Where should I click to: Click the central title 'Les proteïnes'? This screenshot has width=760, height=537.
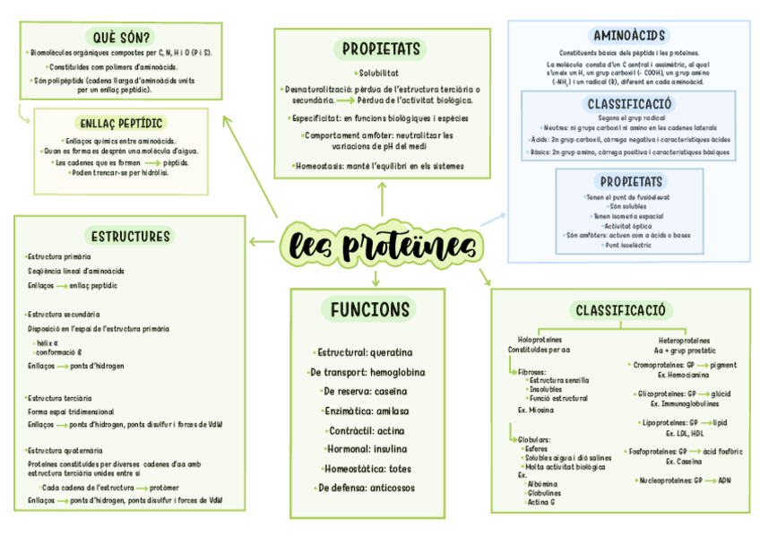tap(380, 244)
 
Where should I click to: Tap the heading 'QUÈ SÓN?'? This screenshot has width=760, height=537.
tap(122, 37)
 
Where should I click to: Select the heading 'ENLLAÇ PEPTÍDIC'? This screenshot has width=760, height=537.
tap(121, 123)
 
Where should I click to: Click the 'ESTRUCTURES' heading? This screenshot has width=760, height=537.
tap(131, 237)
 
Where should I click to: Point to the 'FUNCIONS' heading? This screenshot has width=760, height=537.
tap(369, 309)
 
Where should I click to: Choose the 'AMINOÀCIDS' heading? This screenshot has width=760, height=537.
tap(629, 36)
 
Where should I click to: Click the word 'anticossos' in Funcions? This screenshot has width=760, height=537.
tap(393, 488)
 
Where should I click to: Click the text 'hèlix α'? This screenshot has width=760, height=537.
tap(46, 342)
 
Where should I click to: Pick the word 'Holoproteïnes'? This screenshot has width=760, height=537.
tap(540, 341)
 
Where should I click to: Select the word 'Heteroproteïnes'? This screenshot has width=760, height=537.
tap(684, 341)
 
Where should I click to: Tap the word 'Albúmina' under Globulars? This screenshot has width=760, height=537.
tap(543, 483)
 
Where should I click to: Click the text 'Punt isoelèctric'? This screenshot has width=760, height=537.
tap(628, 244)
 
